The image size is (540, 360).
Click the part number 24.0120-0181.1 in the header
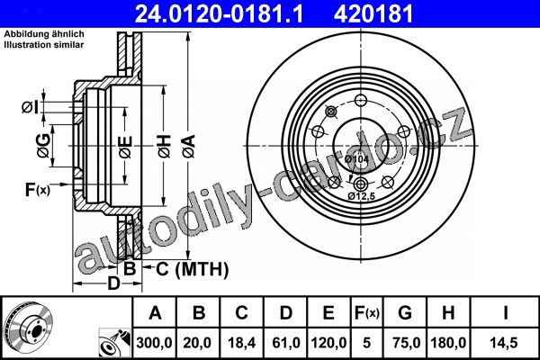219,13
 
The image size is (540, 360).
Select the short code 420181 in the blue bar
373,13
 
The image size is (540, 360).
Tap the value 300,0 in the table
154,343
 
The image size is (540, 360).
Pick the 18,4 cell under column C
242,343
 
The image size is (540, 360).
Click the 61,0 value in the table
286,343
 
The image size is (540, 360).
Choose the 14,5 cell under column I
505,343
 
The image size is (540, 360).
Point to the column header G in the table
405,313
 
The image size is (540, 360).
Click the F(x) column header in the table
367,313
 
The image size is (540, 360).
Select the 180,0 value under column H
448,343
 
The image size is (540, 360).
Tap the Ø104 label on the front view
356,159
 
